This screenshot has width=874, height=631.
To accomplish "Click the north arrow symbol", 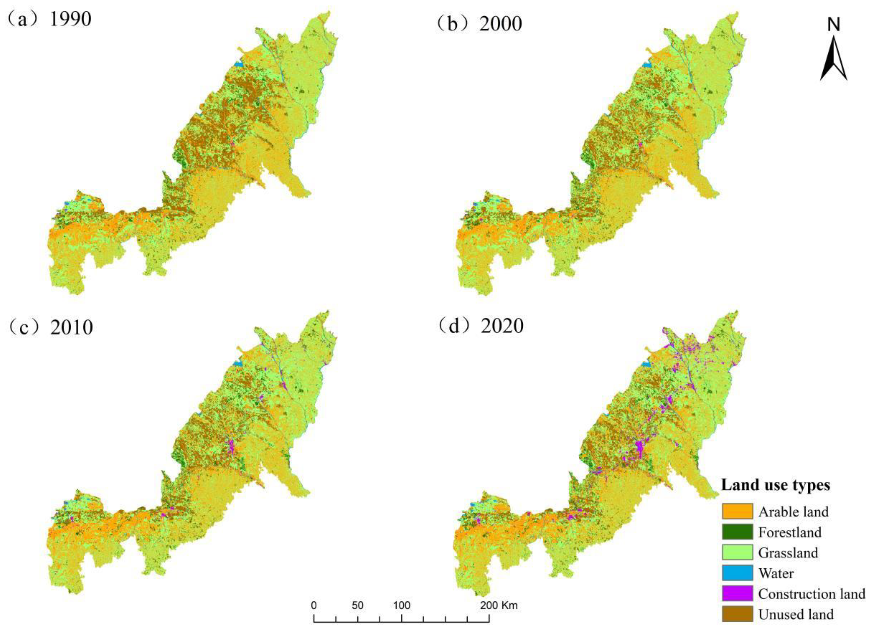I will [x=833, y=58].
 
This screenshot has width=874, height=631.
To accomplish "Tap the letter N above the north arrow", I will [x=833, y=25].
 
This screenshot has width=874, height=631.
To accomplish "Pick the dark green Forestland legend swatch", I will [x=737, y=532].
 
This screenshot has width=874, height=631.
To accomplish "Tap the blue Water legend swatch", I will [x=737, y=573].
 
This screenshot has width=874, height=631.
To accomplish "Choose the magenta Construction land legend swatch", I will [x=737, y=594].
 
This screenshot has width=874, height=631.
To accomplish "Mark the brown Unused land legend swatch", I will [x=737, y=614].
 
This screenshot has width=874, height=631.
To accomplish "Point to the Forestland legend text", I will [x=790, y=532].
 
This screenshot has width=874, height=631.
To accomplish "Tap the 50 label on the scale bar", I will [x=357, y=606].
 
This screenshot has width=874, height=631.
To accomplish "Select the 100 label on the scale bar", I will [x=401, y=606].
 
